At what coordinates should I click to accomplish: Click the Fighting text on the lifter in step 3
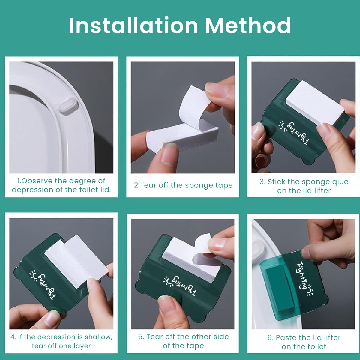(x=298, y=133)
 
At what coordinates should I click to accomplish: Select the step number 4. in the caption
(x=13, y=337)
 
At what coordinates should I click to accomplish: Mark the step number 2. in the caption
(x=137, y=185)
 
